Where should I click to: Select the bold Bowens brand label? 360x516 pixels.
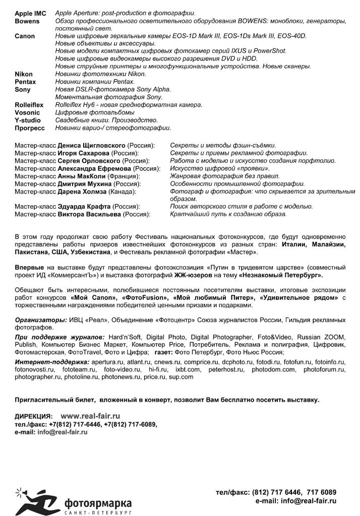point(27,21)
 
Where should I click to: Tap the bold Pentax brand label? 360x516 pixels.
point(25,82)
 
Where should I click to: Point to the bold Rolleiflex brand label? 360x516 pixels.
point(29,105)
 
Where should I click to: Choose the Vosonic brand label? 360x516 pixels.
point(27,112)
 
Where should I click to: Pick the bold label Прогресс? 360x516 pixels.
point(30,128)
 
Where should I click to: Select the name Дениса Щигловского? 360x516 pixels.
point(92,145)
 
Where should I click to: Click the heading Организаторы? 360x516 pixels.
point(41,320)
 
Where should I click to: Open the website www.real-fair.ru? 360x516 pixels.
point(90,416)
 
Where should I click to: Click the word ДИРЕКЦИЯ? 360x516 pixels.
point(33,417)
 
